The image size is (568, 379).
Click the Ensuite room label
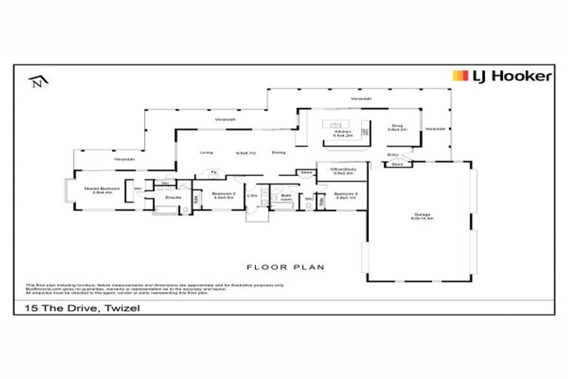pos(174,198)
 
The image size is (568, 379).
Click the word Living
pos(206,152)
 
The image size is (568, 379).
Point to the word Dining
pos(279,152)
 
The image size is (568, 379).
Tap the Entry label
pos(393,155)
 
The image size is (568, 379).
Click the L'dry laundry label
pos(251,196)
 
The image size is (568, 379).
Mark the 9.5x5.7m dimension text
pos(246,152)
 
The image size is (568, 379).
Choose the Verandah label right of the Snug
pos(436,129)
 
